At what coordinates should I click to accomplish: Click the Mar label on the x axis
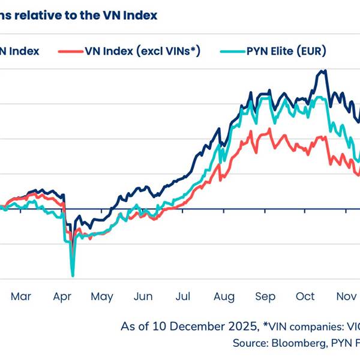pos(20,296)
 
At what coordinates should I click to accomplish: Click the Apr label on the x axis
pos(62,296)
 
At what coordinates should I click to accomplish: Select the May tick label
pos(102,296)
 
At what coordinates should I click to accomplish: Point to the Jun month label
pos(143,296)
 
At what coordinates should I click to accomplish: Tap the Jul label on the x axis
pos(184,296)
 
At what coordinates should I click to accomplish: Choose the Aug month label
pos(224,296)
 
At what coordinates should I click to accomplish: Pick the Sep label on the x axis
pos(265,296)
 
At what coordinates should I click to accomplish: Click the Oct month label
pos(305,296)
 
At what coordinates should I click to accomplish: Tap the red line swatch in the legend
pos(69,52)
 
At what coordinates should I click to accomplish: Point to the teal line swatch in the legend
pos(235,52)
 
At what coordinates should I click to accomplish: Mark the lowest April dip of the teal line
pos(73,275)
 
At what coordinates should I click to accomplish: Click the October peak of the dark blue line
pos(324,71)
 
